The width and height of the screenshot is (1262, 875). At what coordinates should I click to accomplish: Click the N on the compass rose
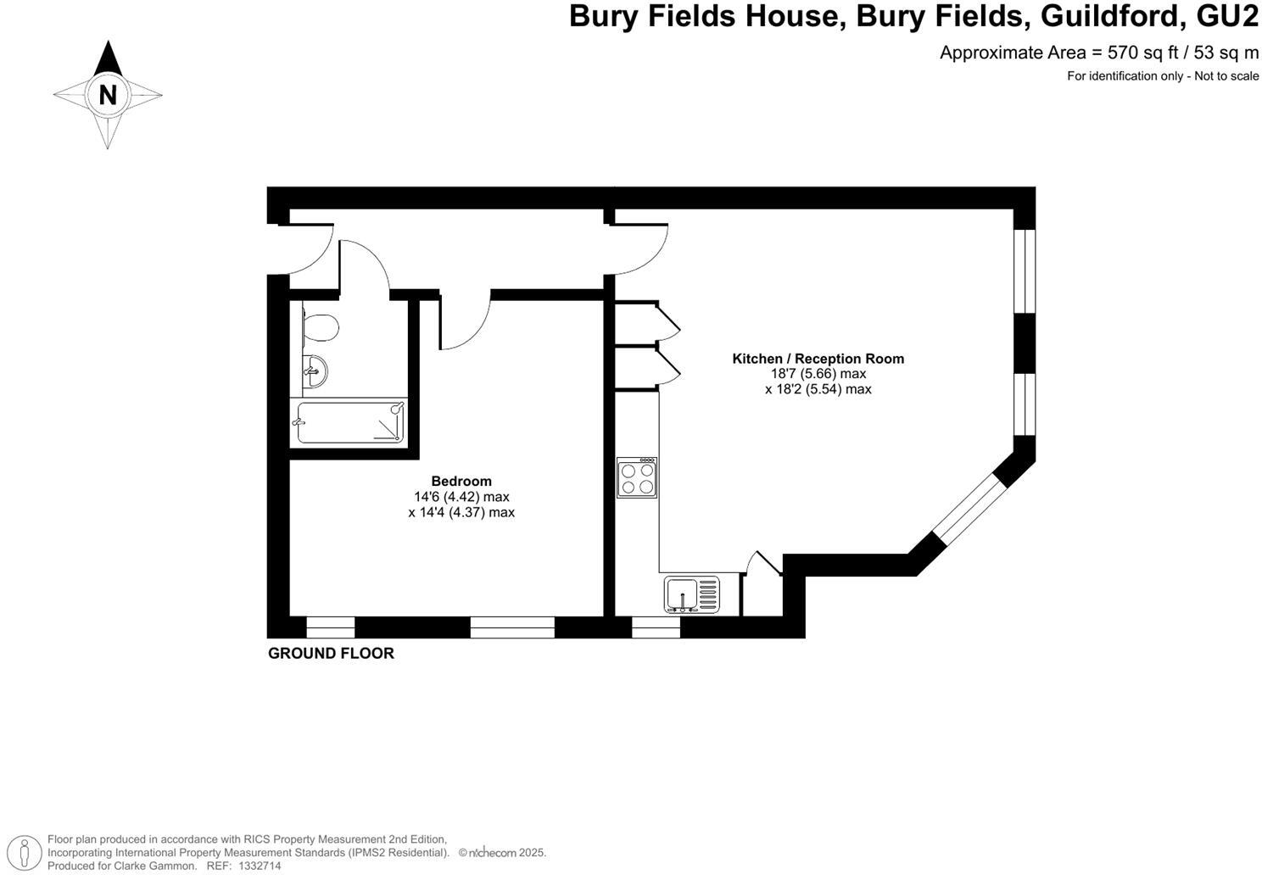click(108, 94)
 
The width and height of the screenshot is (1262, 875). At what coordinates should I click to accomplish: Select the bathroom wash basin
click(316, 371)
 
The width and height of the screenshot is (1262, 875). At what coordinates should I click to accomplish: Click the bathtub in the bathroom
click(350, 421)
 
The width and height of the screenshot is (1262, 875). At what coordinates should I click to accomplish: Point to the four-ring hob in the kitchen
click(638, 477)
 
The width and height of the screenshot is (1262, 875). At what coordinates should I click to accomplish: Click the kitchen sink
click(692, 593)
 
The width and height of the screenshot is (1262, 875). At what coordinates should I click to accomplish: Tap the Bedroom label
click(461, 481)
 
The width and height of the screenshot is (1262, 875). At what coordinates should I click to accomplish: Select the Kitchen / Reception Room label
click(818, 359)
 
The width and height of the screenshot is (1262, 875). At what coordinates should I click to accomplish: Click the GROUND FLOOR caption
click(331, 653)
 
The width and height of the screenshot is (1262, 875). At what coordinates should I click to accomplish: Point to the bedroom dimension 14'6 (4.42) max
click(461, 497)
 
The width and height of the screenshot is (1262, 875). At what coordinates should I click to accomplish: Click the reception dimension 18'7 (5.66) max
click(818, 374)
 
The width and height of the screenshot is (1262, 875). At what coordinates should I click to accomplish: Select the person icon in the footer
click(28, 852)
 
